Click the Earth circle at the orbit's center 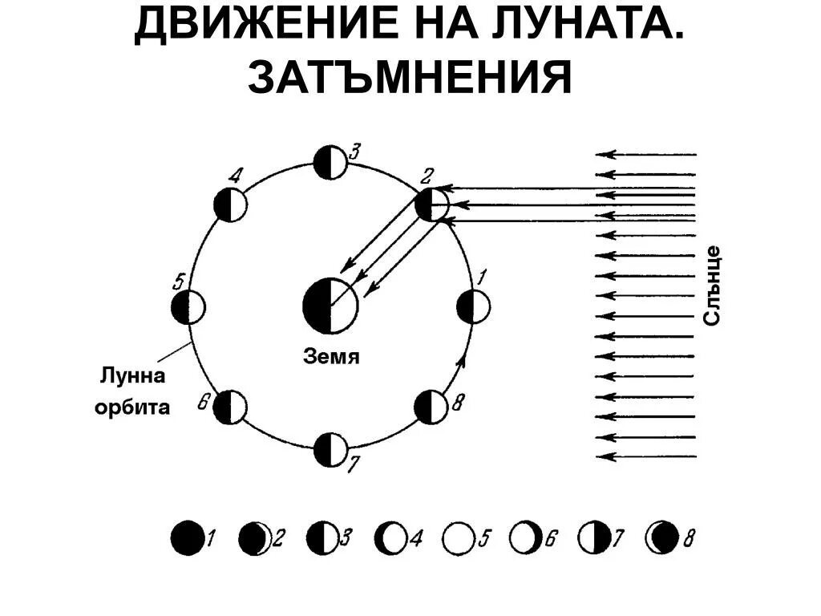330,306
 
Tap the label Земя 331,357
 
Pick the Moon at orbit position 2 433,205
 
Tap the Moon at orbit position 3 330,162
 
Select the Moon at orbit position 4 230,205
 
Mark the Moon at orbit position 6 230,407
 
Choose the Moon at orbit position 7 329,449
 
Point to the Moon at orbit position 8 431,407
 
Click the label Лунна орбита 134,391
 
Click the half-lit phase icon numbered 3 322,537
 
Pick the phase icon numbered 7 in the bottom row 593,537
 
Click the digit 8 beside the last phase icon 689,538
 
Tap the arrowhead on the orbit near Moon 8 461,362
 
